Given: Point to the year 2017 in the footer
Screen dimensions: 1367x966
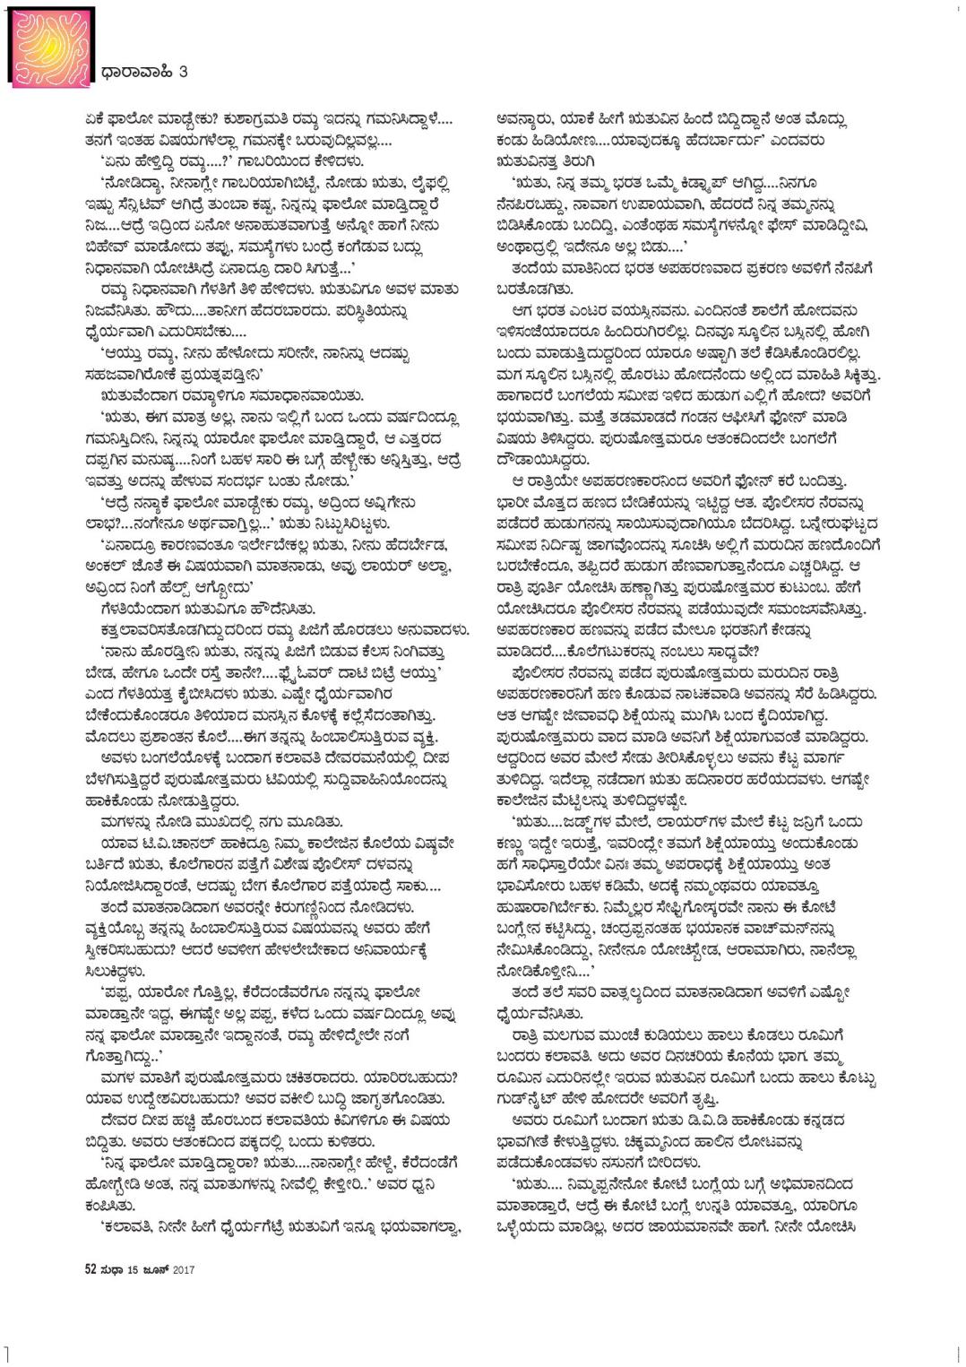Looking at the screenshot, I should click(183, 1269).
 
